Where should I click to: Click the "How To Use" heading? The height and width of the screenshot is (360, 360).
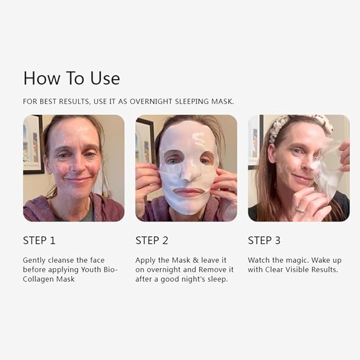click(72, 78)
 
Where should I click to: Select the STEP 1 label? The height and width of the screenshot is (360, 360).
click(39, 240)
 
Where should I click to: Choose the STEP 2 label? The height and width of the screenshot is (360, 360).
click(152, 240)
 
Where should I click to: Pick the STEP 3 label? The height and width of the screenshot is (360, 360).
click(264, 240)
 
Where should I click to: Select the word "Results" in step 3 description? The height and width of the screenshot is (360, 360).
click(324, 270)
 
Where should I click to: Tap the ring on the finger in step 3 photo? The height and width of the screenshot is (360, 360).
click(300, 209)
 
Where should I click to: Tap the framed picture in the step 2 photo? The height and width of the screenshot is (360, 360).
click(144, 141)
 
